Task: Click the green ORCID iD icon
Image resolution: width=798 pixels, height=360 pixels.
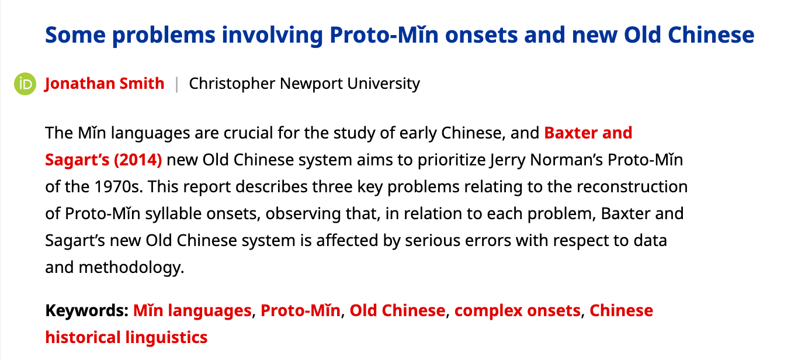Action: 25,84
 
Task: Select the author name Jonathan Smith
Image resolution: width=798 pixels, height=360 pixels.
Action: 105,84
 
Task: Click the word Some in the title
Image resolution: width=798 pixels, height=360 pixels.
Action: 75,35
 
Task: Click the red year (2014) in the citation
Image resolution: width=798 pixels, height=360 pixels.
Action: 138,160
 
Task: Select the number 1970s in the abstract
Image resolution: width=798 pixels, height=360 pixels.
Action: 118,187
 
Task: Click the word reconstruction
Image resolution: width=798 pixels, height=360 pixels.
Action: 632,187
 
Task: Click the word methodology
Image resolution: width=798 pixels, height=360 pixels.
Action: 131,268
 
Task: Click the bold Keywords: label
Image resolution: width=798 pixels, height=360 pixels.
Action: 87,311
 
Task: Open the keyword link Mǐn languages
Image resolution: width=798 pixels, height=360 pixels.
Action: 192,311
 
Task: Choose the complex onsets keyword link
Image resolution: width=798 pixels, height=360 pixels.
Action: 517,311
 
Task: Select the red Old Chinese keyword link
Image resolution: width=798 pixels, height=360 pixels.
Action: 397,310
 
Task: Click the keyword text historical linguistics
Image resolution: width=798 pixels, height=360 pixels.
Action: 126,338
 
